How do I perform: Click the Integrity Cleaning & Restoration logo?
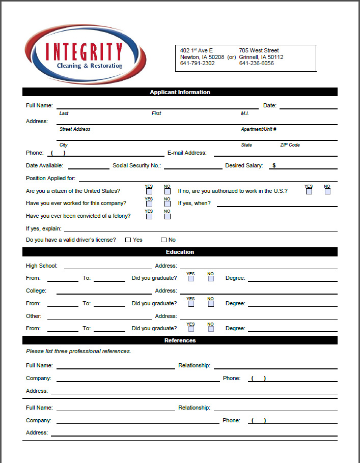pyautogui.click(x=85, y=54)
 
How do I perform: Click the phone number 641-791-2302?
pyautogui.click(x=198, y=64)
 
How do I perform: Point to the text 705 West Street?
pyautogui.click(x=259, y=50)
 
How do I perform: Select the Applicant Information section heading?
pyautogui.click(x=180, y=92)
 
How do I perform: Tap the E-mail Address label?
pyautogui.click(x=187, y=153)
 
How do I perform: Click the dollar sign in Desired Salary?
pyautogui.click(x=274, y=165)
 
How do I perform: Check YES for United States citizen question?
pyautogui.click(x=149, y=191)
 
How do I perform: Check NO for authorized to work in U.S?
pyautogui.click(x=327, y=191)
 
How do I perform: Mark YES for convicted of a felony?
pyautogui.click(x=149, y=216)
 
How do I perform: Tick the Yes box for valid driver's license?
pyautogui.click(x=128, y=240)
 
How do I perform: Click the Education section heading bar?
pyautogui.click(x=180, y=252)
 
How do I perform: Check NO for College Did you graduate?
pyautogui.click(x=211, y=304)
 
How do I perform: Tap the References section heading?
pyautogui.click(x=180, y=340)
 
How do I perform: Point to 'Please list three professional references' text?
pyautogui.click(x=78, y=351)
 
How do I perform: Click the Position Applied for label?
pyautogui.click(x=50, y=178)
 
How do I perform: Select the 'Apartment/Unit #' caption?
pyautogui.click(x=259, y=129)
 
